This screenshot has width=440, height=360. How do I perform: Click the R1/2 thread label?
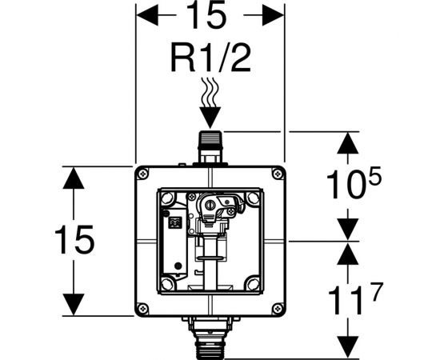[210, 58]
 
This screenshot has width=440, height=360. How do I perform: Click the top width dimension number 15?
[206, 14]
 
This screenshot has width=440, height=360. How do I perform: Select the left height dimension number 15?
[74, 239]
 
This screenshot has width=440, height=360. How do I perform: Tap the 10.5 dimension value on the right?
[354, 182]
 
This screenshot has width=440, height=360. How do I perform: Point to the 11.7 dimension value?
[355, 298]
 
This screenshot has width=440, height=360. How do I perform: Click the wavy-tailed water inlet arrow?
[210, 103]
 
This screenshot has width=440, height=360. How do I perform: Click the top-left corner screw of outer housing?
[143, 174]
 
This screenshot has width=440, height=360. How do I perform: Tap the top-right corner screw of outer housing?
[278, 174]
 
